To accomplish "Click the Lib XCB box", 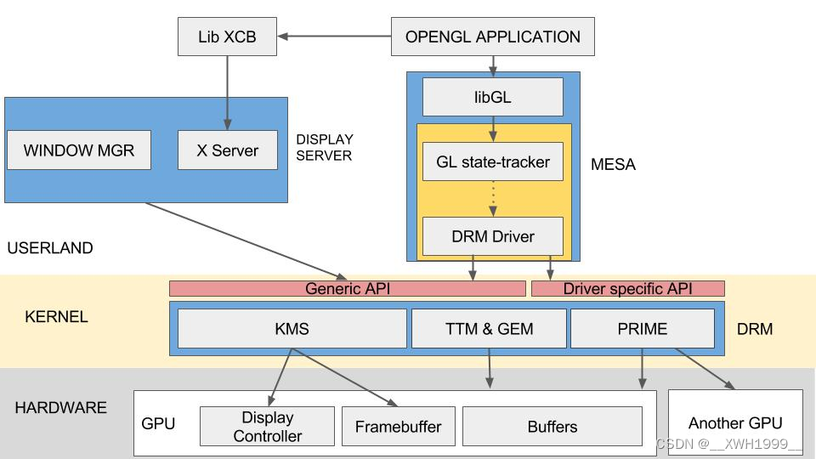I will [x=227, y=37].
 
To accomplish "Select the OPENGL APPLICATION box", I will [x=492, y=37].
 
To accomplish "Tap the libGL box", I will [x=492, y=97].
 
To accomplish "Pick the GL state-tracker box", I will [x=492, y=161].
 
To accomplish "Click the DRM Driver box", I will [x=492, y=236].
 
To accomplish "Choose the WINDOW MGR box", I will [x=78, y=150].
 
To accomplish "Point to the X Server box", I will [x=227, y=150].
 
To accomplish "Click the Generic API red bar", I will [x=347, y=289].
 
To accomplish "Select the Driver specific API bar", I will [x=627, y=289].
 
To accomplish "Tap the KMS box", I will [x=292, y=328].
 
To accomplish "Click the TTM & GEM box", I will [x=489, y=328].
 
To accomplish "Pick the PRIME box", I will [x=642, y=328].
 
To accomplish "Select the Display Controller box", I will [x=267, y=427].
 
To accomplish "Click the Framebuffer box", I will [x=398, y=427].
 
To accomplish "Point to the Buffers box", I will [x=552, y=427].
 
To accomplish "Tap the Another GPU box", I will [x=735, y=422].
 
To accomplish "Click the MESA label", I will [x=613, y=165].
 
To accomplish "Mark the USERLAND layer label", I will [x=49, y=248].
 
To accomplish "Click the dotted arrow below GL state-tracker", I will [x=493, y=199].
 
